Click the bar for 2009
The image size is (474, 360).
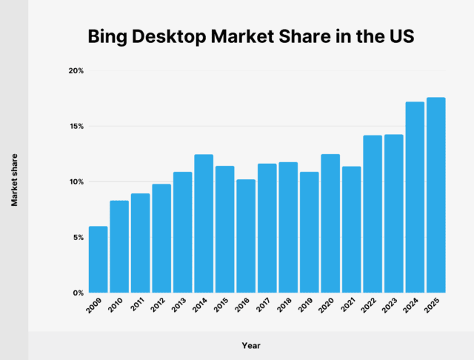[98, 259]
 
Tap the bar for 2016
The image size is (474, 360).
[246, 236]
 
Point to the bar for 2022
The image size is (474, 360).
[373, 214]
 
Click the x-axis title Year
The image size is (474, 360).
[250, 345]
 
